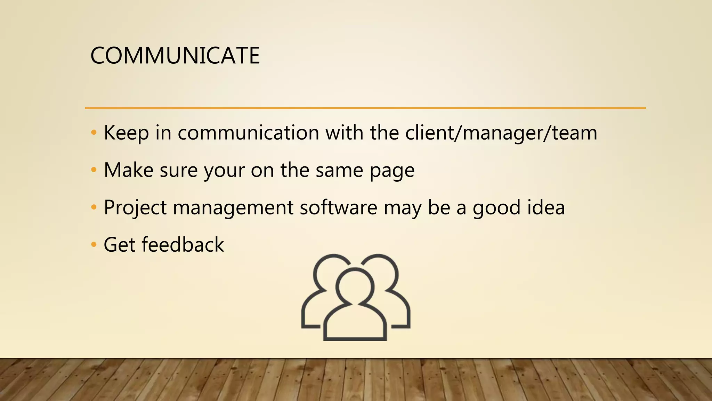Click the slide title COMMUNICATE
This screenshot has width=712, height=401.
(x=175, y=56)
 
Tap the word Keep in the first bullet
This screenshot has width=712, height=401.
(x=126, y=133)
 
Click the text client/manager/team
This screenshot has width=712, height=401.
(x=501, y=133)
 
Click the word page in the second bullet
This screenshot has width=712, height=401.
(x=392, y=171)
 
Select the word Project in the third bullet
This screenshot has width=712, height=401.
(x=135, y=208)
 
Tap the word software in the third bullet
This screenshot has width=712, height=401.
(x=338, y=208)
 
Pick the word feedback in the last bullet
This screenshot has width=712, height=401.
(x=183, y=245)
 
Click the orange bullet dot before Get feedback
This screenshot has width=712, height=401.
(x=93, y=245)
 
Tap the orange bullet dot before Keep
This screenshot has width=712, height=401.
(x=93, y=133)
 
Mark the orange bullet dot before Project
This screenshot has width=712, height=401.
(x=93, y=207)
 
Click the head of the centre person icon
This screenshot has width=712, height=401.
(x=355, y=288)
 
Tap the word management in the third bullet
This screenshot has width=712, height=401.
(x=233, y=208)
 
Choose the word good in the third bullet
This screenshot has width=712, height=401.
(x=496, y=208)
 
